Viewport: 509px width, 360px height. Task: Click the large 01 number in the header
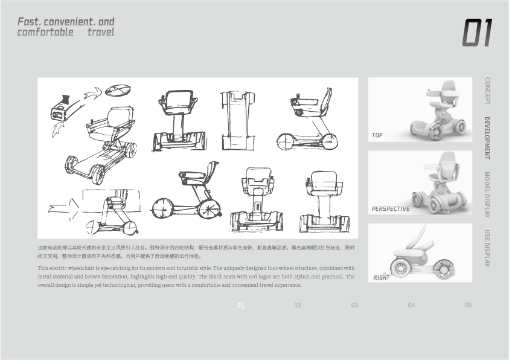click(x=477, y=33)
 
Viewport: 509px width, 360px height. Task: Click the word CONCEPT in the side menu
click(x=487, y=91)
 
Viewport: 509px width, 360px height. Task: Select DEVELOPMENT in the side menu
click(x=487, y=138)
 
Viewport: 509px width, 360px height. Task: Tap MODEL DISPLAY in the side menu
click(x=487, y=194)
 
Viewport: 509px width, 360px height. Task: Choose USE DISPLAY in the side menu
click(x=487, y=248)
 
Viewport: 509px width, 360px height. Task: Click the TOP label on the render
click(x=377, y=135)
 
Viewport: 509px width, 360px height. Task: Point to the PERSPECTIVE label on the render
click(x=391, y=209)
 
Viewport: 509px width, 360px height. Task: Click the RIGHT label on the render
click(x=381, y=278)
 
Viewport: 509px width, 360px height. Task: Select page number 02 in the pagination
click(x=298, y=305)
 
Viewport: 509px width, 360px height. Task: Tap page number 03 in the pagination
click(x=354, y=305)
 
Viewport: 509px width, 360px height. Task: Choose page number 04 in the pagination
click(x=411, y=305)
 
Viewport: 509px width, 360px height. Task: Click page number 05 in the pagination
click(x=468, y=305)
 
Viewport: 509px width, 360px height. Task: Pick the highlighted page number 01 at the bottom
click(x=241, y=305)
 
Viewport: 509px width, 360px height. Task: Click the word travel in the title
click(x=100, y=32)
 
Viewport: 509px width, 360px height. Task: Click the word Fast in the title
click(x=28, y=22)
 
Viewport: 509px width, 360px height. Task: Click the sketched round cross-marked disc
click(x=118, y=91)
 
